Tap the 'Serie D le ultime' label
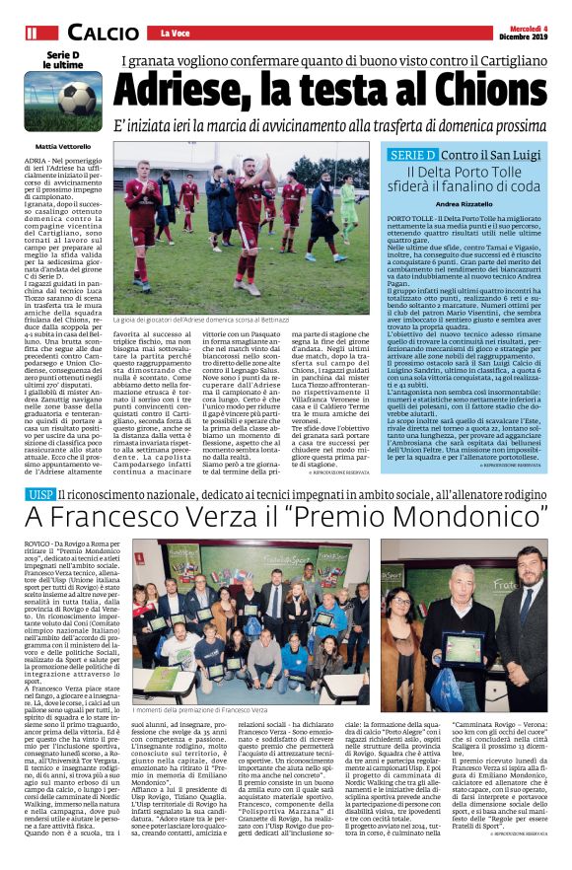(61, 61)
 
